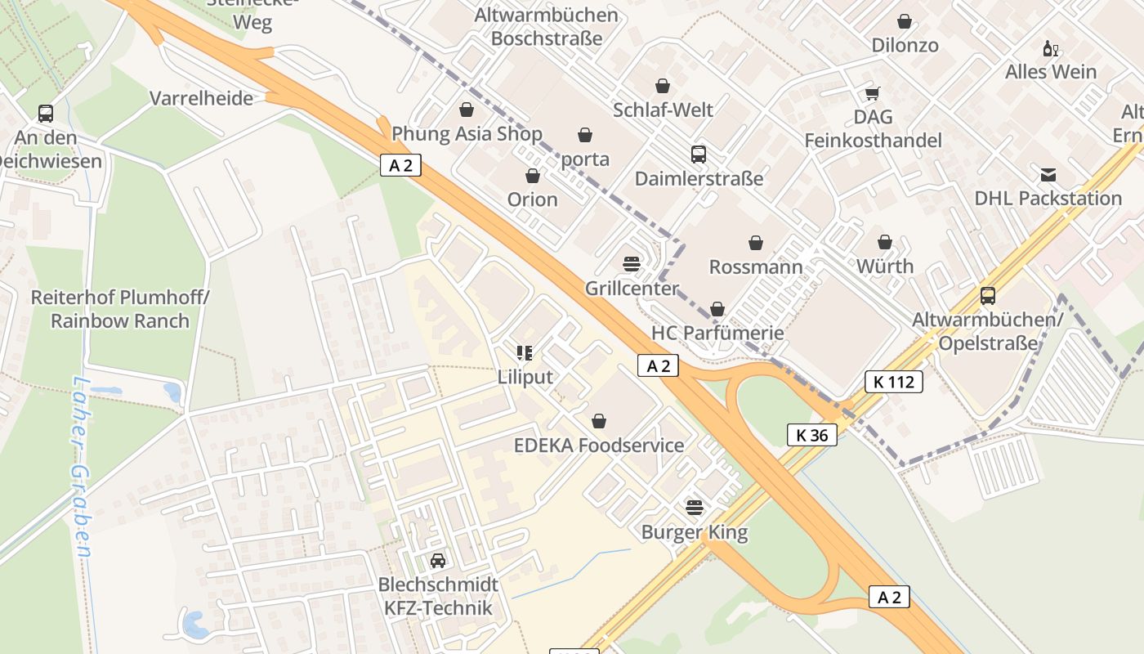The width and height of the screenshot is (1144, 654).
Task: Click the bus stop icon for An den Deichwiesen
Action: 46,114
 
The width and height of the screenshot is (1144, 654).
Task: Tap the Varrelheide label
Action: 201,99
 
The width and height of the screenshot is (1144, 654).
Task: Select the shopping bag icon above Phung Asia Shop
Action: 467,110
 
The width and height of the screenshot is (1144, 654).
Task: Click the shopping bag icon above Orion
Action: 533,176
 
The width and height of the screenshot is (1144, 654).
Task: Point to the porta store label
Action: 585,159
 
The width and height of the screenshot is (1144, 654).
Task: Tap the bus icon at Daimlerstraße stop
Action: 699,155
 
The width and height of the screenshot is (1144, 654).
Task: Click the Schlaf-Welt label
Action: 663,110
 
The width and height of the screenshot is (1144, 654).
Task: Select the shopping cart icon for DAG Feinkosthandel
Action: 873,93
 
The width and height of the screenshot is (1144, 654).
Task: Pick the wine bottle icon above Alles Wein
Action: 1050,48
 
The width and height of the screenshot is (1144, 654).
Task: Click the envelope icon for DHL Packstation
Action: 1048,175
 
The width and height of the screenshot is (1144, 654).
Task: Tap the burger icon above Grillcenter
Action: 632,264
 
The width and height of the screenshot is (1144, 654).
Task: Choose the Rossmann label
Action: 756,267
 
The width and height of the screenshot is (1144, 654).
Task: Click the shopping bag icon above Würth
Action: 885,243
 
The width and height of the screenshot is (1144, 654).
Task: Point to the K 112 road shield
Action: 894,381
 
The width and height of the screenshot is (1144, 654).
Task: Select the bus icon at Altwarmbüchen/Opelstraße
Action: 988,296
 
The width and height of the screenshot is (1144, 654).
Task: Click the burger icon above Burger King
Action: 695,508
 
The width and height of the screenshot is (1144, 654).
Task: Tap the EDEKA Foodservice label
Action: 599,446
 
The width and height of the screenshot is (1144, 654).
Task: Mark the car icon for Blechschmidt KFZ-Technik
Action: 438,561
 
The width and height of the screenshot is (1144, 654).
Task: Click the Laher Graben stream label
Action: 80,467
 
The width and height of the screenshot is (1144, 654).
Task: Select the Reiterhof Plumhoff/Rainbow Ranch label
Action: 120,309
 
